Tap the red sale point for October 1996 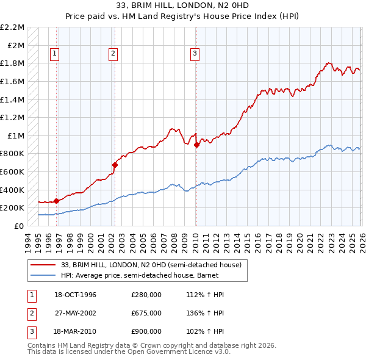(57, 200)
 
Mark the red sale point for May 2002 (114, 165)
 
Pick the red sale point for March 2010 (196, 145)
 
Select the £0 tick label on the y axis (20, 226)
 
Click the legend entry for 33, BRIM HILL (151, 265)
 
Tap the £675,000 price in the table (146, 313)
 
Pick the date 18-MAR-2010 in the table (73, 331)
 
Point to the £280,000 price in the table (146, 295)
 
